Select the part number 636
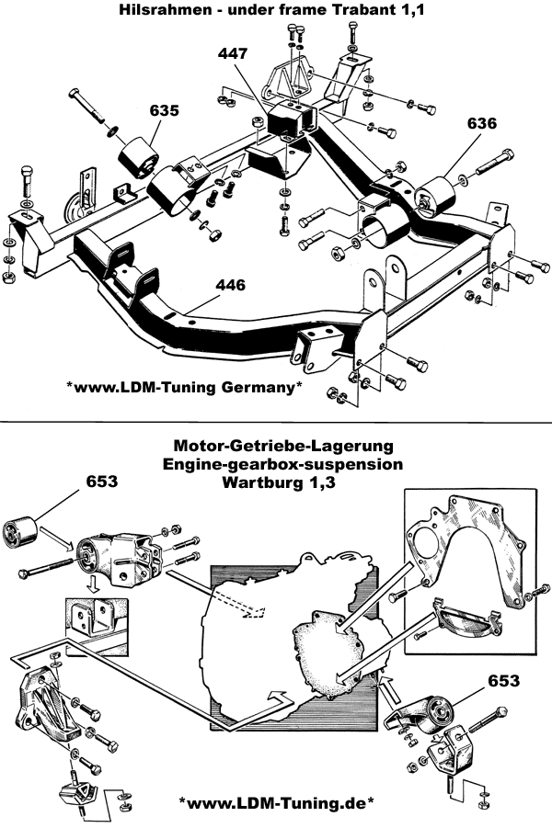pyautogui.click(x=482, y=122)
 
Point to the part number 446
pyautogui.click(x=230, y=285)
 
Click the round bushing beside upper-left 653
pyautogui.click(x=17, y=532)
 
